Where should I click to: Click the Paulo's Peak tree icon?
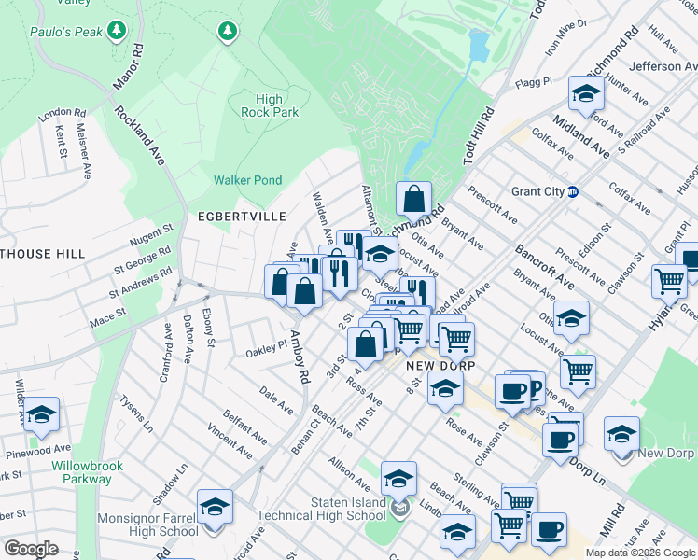tap(116, 32)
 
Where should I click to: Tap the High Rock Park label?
tap(269, 105)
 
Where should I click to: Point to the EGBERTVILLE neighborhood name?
tap(242, 216)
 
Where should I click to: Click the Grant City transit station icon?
tap(573, 192)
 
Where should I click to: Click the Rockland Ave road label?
tap(140, 136)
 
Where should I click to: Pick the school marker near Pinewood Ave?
tap(41, 414)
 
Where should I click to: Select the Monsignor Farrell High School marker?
tap(215, 507)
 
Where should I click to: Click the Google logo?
tap(30, 549)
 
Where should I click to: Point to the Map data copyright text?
tap(640, 553)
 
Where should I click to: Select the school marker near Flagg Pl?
tap(586, 93)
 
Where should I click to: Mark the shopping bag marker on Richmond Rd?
tap(412, 199)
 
